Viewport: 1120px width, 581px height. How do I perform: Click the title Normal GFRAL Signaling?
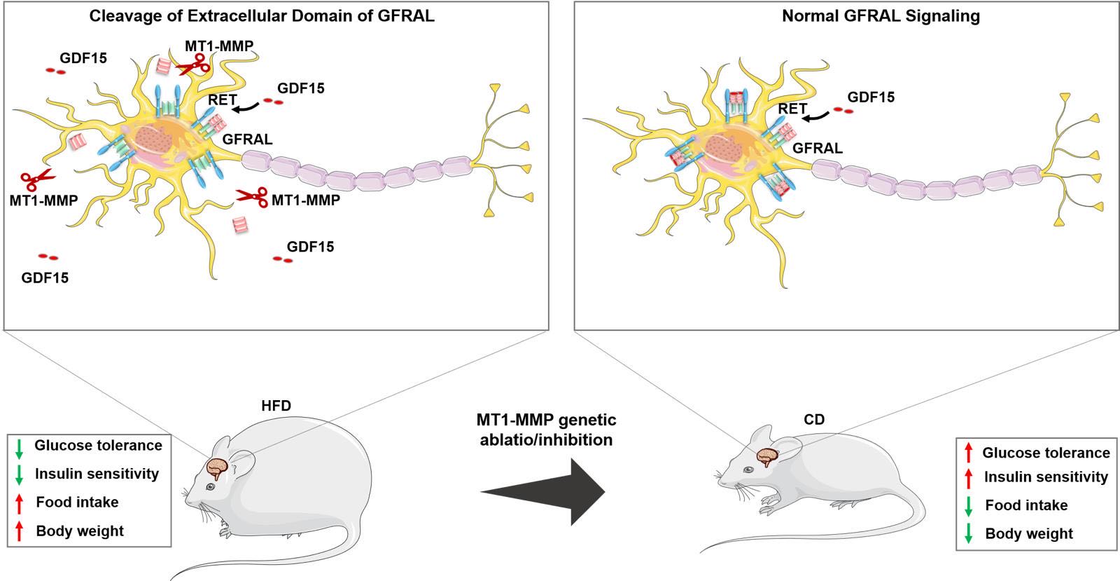(x=881, y=16)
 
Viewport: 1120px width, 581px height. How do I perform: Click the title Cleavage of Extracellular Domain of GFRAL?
(x=262, y=16)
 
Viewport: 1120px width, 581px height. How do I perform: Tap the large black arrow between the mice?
(x=543, y=492)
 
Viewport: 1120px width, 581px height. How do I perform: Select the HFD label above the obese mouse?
(x=276, y=405)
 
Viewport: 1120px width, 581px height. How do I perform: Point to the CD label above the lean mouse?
(x=814, y=419)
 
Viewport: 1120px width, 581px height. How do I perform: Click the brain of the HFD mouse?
(x=218, y=468)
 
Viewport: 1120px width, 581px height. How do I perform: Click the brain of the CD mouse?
(x=767, y=456)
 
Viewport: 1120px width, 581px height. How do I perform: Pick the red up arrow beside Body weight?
(x=20, y=531)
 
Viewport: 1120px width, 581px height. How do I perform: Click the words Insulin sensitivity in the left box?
(x=97, y=474)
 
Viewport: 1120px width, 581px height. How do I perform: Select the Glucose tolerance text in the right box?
(x=1046, y=453)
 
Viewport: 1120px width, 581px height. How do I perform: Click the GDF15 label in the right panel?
(x=871, y=97)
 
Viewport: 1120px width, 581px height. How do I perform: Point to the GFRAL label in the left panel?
(x=248, y=139)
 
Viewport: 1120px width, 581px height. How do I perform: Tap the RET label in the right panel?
(x=792, y=109)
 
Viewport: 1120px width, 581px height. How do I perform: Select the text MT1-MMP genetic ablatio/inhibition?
(x=546, y=430)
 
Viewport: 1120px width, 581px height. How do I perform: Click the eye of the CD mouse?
(x=748, y=470)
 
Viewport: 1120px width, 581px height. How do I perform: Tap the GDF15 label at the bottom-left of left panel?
(x=45, y=278)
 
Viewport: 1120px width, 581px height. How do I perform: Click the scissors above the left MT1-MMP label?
(x=37, y=179)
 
